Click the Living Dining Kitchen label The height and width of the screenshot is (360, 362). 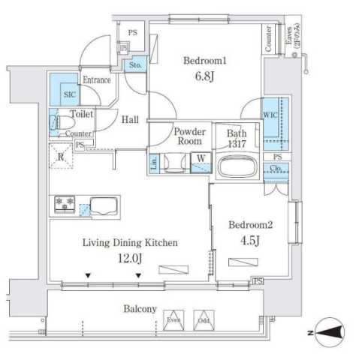(x=129, y=242)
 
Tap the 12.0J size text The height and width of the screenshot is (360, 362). (x=129, y=258)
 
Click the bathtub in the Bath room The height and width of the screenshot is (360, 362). (x=237, y=166)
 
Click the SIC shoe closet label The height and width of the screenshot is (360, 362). (x=69, y=95)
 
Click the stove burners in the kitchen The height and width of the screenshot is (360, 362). (x=65, y=202)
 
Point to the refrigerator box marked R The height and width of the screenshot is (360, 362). (x=61, y=157)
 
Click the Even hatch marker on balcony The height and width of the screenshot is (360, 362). (x=175, y=318)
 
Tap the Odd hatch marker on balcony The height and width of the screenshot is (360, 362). (x=203, y=318)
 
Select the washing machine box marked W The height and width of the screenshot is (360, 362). (x=201, y=161)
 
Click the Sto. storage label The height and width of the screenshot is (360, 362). (x=136, y=66)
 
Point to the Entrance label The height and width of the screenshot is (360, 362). (x=97, y=79)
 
